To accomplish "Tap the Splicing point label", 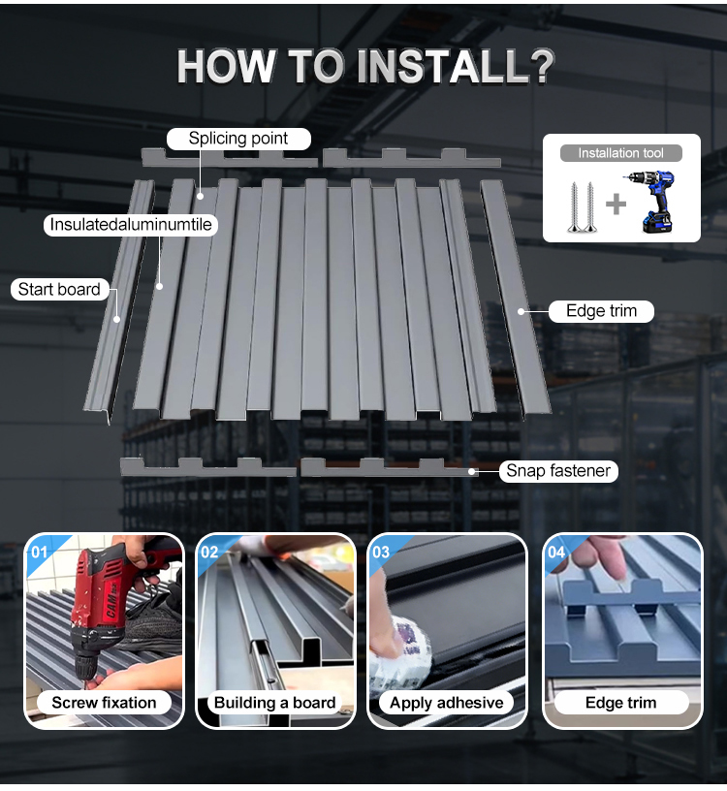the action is tap(238, 139).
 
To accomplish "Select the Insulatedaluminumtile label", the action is tap(131, 224).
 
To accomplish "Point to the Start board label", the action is tap(59, 289).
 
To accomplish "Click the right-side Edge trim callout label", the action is tap(601, 311).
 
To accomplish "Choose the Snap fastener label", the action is tap(558, 471).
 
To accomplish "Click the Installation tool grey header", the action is tap(621, 153).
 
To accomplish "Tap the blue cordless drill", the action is tap(650, 202).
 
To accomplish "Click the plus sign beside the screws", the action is tap(616, 205).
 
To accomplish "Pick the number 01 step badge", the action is tap(40, 552).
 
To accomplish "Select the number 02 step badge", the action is tap(209, 552).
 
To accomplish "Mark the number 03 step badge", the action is tap(381, 552).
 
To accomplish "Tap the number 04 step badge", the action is tap(556, 552).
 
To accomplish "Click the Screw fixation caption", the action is tap(104, 702).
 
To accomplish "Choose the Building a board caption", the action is tap(275, 702).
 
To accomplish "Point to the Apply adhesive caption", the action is tap(447, 702).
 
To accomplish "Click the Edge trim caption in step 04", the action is tap(621, 702).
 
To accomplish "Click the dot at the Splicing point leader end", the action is tap(201, 196).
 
